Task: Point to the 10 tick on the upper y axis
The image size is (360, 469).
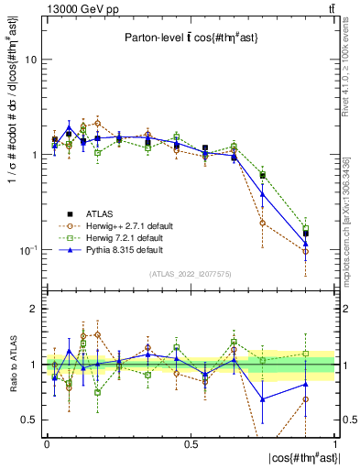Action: [x=30, y=60]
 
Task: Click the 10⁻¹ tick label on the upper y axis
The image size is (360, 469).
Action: [x=27, y=250]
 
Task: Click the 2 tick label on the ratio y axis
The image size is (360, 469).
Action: [x=33, y=310]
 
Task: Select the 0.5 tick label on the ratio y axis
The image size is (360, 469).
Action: [x=29, y=420]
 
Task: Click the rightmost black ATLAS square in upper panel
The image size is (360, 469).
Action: [x=306, y=234]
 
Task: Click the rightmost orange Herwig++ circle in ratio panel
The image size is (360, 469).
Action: [x=306, y=399]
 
